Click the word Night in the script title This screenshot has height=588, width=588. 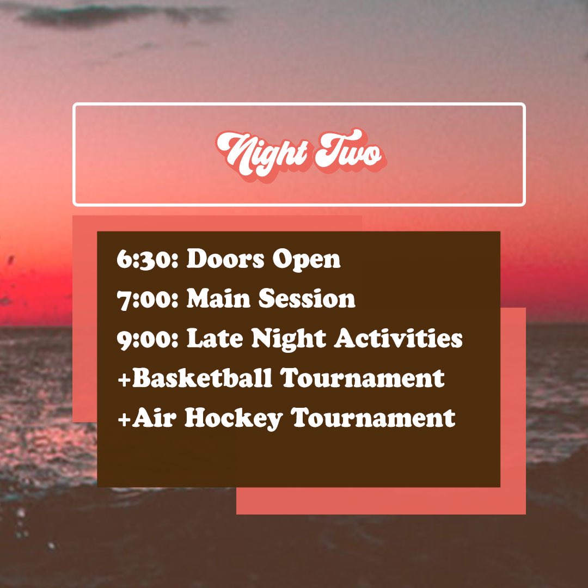point(261,152)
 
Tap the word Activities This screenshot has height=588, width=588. point(399,339)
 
